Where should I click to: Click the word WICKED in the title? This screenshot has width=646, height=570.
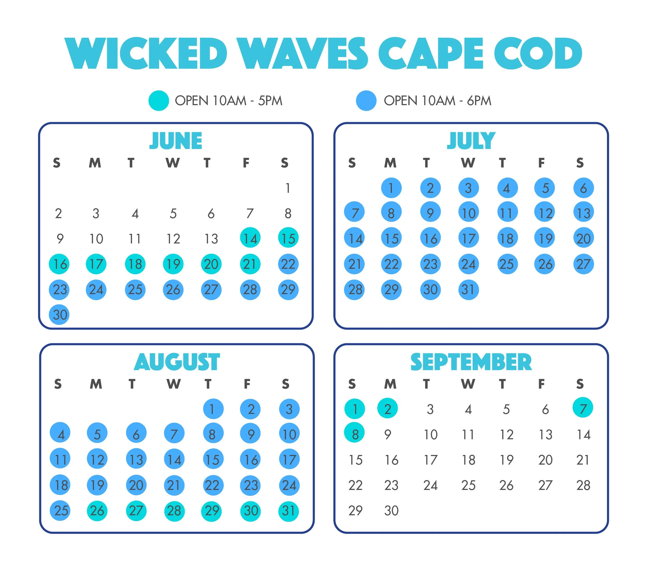coord(146,53)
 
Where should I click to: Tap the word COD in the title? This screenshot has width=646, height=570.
coord(538,53)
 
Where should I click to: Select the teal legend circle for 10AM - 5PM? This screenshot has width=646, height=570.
coord(159,101)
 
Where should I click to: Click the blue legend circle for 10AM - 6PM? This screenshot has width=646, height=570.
coord(366,101)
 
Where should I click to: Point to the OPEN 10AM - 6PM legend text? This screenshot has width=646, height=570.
coord(437,101)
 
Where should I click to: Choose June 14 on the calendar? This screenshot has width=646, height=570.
coord(250,238)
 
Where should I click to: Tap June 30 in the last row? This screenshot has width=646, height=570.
coord(59,315)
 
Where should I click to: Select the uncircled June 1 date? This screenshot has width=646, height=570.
coord(288,188)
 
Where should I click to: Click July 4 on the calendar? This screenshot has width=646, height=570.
coord(507,188)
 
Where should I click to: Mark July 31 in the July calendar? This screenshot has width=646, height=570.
coord(468,289)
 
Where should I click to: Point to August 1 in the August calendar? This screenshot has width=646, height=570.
coord(213,409)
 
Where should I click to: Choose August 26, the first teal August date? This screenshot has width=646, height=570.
coord(97,511)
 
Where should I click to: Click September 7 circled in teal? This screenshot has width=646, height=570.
coord(582,408)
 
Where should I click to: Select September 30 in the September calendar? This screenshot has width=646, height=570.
coord(391,511)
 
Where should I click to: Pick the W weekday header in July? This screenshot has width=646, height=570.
coord(468,163)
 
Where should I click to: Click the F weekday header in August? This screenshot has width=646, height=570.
coord(247,384)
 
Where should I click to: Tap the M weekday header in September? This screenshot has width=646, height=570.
coord(390,384)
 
